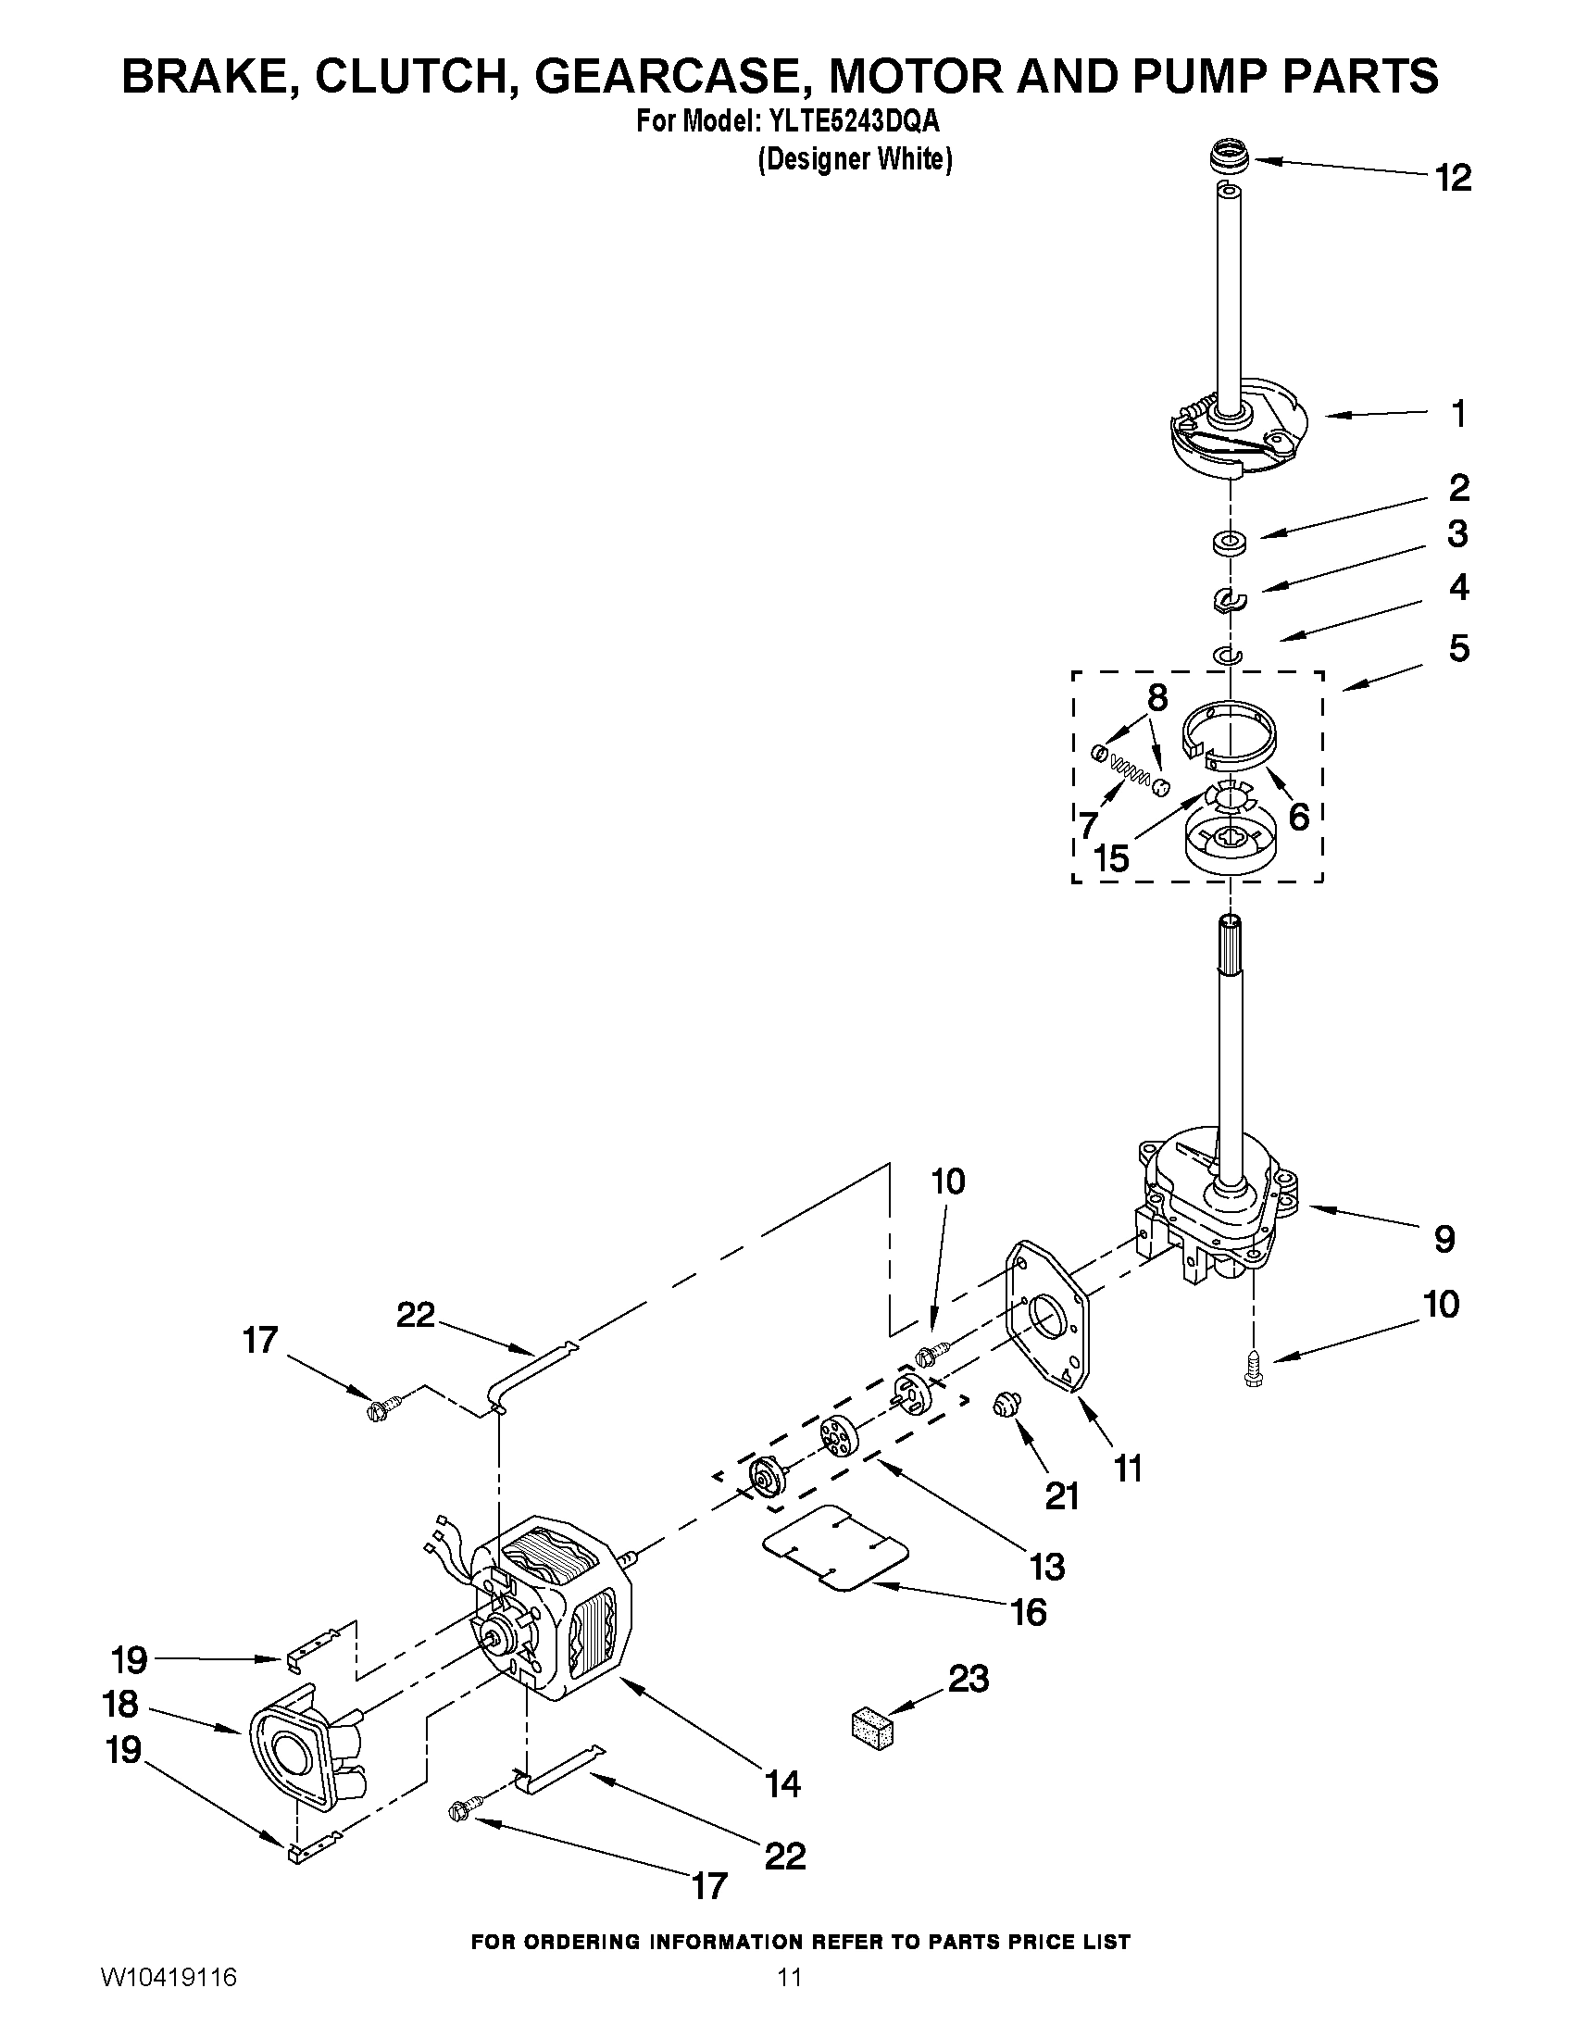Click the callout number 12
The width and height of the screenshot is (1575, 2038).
pos(1454,177)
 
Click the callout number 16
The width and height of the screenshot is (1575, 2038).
pos(1029,1611)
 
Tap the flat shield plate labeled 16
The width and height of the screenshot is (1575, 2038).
pos(835,1545)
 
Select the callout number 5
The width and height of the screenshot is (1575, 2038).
pos(1459,648)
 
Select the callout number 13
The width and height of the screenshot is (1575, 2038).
pos(1047,1566)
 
